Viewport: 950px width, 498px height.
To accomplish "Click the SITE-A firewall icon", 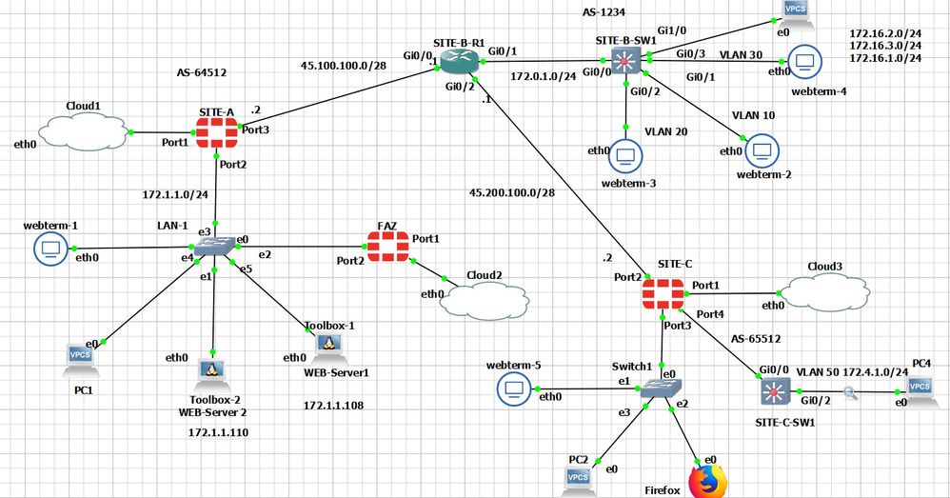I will pyautogui.click(x=217, y=133).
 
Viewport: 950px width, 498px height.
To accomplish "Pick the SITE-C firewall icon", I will pyautogui.click(x=663, y=291).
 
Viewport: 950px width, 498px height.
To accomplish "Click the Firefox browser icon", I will pyautogui.click(x=707, y=480).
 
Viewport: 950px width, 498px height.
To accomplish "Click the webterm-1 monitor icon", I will pyautogui.click(x=47, y=249).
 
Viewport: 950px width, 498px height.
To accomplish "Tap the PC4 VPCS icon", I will pyautogui.click(x=920, y=387).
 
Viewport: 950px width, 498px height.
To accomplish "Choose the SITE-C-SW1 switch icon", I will pyautogui.click(x=769, y=390).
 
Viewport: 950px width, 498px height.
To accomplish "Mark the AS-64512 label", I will pyautogui.click(x=202, y=71).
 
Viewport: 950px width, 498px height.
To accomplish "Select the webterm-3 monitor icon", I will pyautogui.click(x=625, y=153).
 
